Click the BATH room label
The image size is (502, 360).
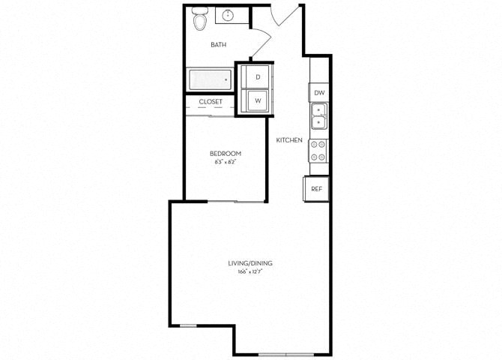pos(218,45)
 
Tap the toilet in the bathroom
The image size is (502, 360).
pos(199,20)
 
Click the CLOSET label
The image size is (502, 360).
pos(211,101)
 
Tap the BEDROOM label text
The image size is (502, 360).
pos(226,153)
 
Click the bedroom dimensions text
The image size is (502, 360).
pos(226,162)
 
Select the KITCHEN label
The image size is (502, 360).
pos(289,140)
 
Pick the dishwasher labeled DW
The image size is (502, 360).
pos(319,93)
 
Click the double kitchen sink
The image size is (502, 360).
pos(319,115)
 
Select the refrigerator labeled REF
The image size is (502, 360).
pos(317,188)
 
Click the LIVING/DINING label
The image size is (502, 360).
pos(250,263)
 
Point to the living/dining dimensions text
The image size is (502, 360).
pos(250,272)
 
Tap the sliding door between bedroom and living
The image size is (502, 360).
pos(236,201)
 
